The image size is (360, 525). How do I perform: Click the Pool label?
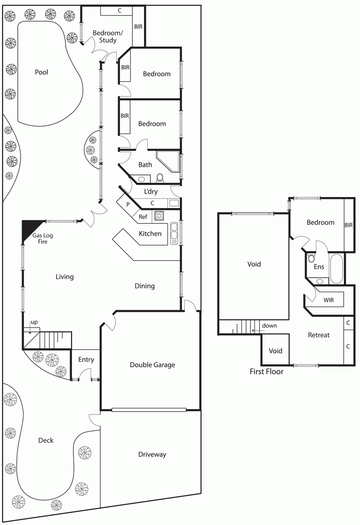(41, 72)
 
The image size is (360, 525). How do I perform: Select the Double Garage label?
(152, 365)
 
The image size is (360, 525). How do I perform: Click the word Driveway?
(152, 454)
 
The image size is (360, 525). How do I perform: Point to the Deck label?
(46, 440)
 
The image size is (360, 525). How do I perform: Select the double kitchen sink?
(174, 233)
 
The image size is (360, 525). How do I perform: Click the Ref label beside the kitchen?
(143, 217)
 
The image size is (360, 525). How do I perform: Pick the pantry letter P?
(128, 204)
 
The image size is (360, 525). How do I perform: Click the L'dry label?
(151, 192)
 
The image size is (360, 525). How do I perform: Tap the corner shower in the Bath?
(168, 162)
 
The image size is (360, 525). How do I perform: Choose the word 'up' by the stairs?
(34, 322)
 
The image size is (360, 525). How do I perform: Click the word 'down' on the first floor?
(269, 326)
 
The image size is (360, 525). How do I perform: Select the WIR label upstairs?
(328, 300)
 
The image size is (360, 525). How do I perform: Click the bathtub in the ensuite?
(336, 269)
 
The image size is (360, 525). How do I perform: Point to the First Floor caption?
(266, 371)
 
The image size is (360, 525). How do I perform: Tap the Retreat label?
(319, 335)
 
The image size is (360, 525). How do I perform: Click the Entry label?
(86, 360)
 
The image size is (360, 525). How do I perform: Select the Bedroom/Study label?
(108, 37)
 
